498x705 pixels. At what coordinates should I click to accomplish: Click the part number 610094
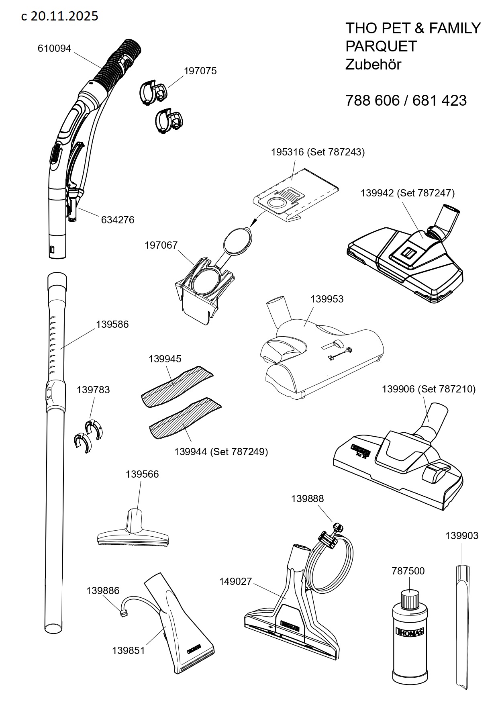(54, 49)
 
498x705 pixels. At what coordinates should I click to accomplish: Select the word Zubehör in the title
(373, 65)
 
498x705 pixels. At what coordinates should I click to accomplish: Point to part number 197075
(200, 71)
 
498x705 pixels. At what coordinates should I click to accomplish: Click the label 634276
(118, 220)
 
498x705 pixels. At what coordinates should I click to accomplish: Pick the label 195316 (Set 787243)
(318, 153)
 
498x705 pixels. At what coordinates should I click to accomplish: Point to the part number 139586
(112, 325)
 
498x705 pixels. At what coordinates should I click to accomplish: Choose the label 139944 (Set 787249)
(221, 452)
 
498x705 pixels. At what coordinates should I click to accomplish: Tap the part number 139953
(327, 299)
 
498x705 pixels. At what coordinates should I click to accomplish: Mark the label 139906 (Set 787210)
(429, 389)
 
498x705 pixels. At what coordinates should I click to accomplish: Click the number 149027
(235, 582)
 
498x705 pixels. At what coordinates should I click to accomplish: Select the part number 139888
(307, 499)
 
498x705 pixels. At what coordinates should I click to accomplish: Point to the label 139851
(129, 651)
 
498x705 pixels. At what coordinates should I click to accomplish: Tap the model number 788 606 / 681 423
(406, 100)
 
